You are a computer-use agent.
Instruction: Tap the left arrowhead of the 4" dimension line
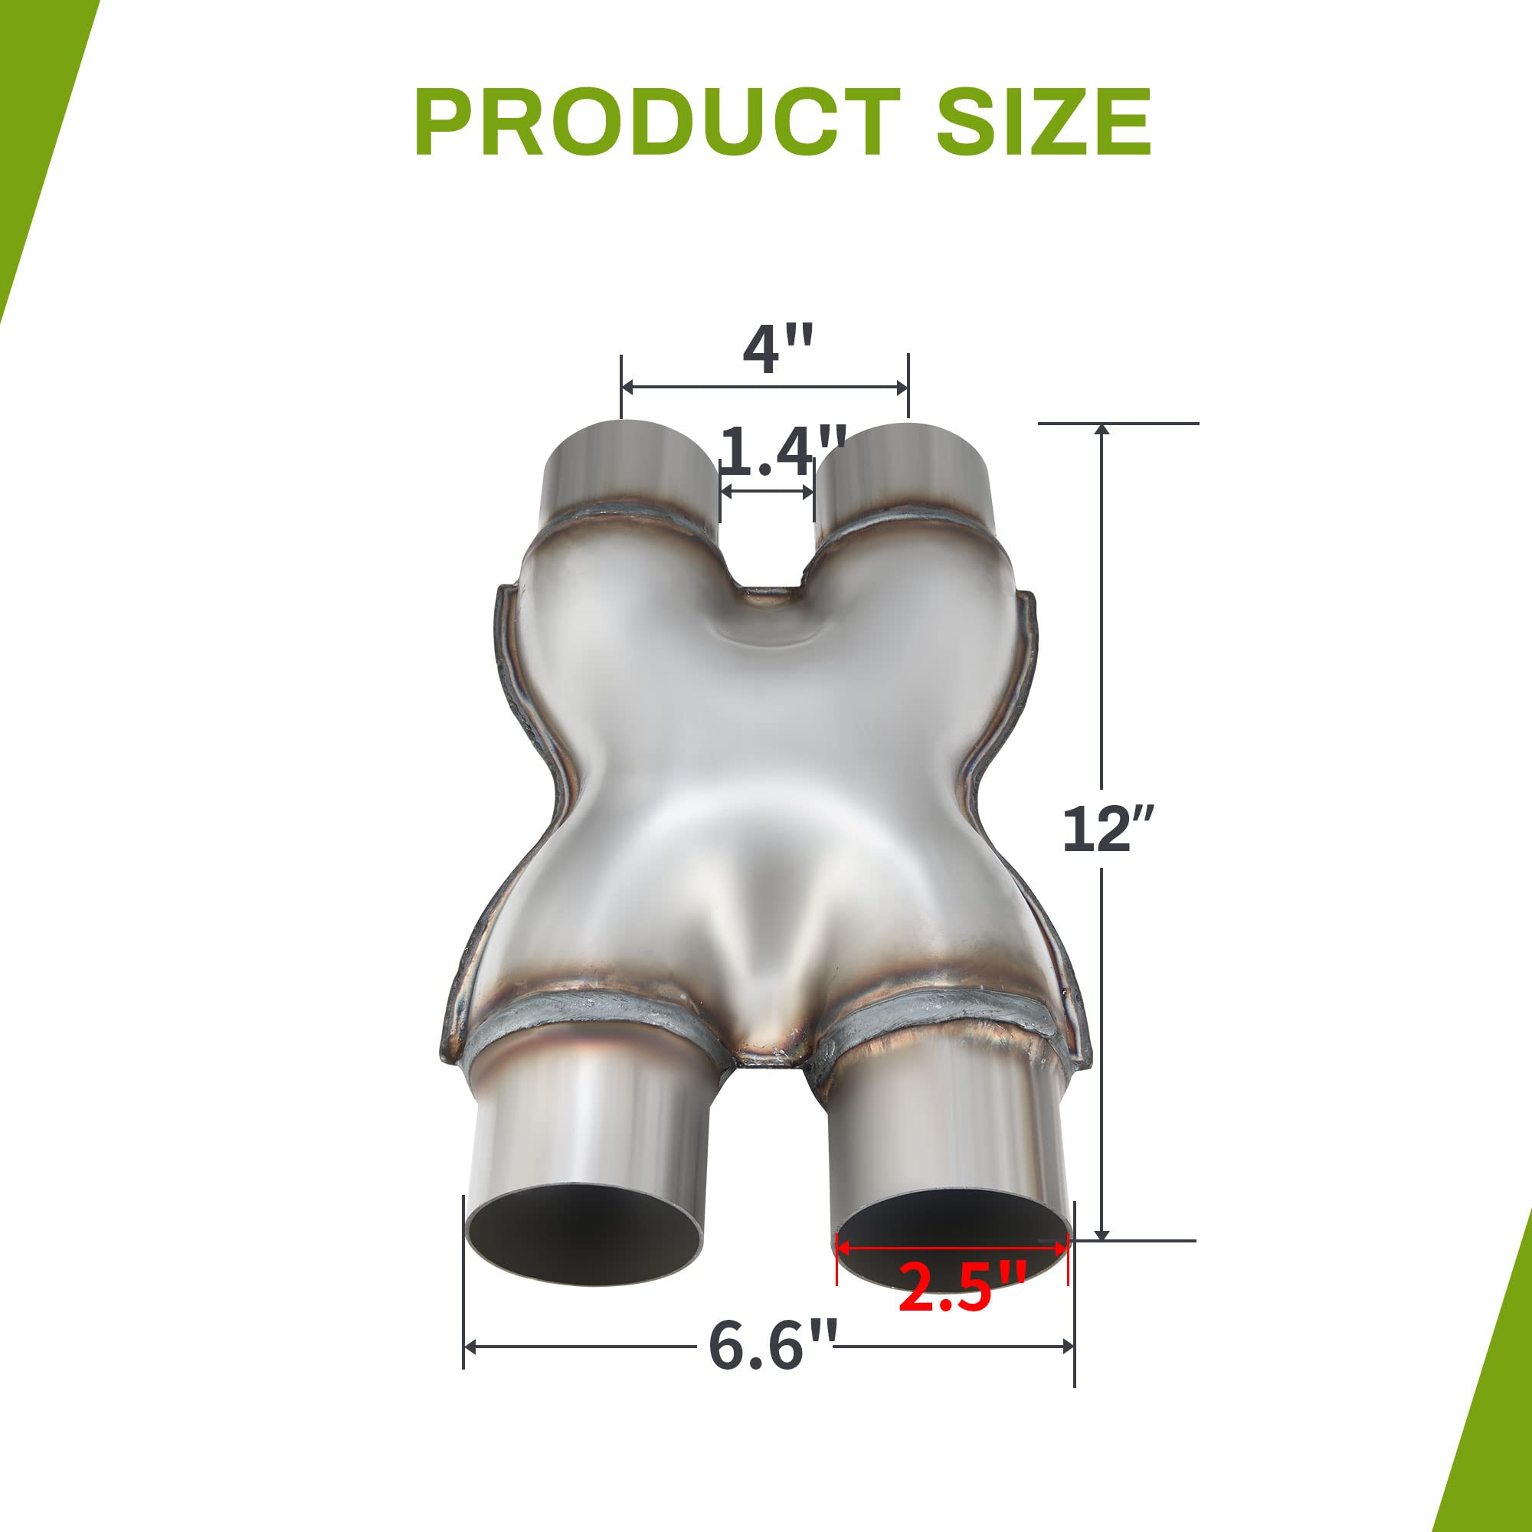627,388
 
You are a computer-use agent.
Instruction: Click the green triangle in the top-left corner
36,119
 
